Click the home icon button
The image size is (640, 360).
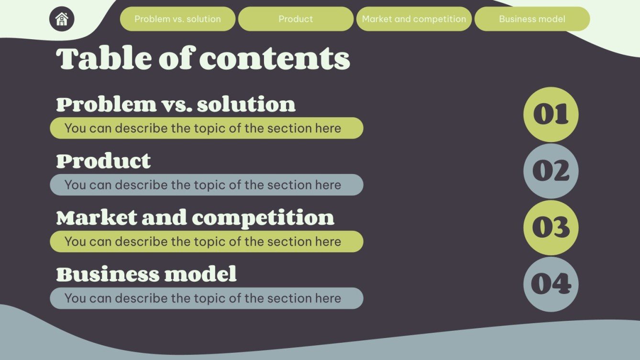(x=62, y=19)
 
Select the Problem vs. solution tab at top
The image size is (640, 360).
(x=177, y=19)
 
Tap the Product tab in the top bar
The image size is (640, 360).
(x=296, y=19)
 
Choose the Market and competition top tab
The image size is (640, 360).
(x=414, y=19)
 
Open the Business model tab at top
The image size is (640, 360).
(x=532, y=19)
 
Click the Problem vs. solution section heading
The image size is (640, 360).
(x=176, y=104)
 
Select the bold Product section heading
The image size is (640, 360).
(x=103, y=161)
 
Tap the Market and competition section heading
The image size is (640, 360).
(x=195, y=218)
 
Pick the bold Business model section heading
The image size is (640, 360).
(x=146, y=274)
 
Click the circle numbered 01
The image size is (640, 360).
(x=551, y=114)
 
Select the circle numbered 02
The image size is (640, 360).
(x=551, y=171)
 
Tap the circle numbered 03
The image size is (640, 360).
(x=551, y=228)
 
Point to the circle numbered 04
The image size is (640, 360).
(x=551, y=284)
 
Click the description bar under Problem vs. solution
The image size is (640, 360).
(x=207, y=128)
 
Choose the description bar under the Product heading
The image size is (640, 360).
(x=207, y=185)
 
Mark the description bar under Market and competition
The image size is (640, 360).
(x=207, y=241)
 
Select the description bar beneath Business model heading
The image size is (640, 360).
(x=207, y=298)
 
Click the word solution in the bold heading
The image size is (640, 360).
(x=246, y=104)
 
